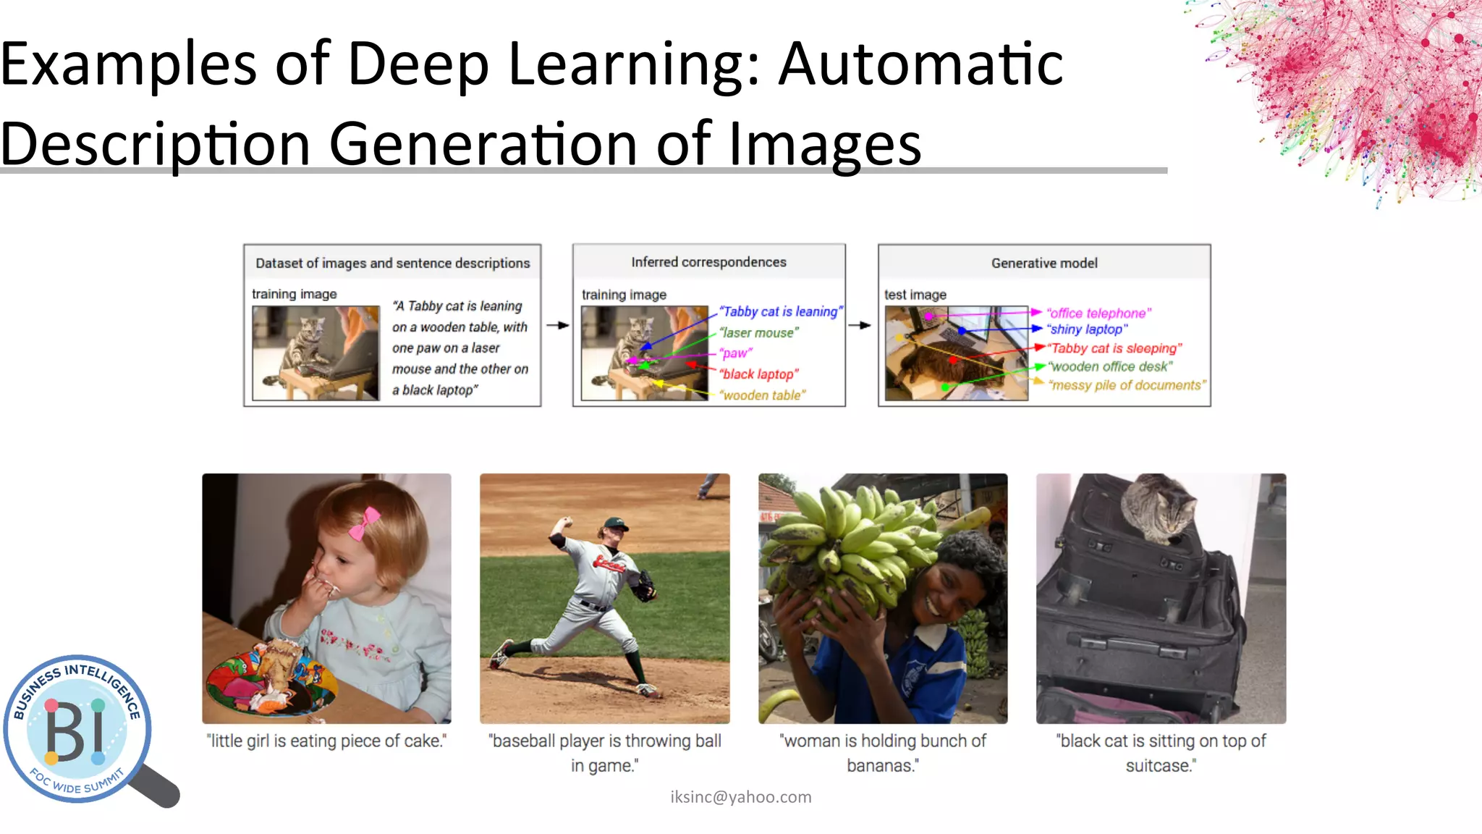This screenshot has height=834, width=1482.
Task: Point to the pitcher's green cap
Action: [614, 523]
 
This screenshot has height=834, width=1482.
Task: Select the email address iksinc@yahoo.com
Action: [740, 797]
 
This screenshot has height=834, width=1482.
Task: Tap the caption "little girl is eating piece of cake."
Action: [326, 741]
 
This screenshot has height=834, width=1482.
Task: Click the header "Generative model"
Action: [1043, 264]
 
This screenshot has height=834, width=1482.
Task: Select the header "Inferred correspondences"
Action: [708, 262]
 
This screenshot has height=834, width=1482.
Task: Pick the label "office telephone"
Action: [1098, 313]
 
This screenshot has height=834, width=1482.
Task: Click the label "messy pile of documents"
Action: [1127, 385]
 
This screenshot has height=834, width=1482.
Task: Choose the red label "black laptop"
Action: [758, 374]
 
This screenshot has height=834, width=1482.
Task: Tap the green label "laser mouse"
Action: [758, 333]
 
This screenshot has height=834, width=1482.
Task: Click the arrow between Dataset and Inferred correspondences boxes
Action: [557, 326]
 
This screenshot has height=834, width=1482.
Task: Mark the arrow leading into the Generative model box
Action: [860, 326]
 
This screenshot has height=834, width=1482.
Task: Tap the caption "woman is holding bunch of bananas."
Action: [882, 753]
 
